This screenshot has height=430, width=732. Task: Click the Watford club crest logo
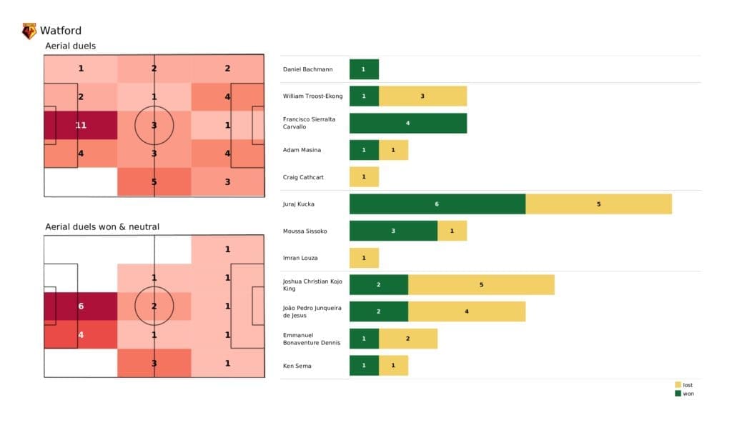29,31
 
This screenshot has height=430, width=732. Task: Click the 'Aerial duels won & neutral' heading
102,226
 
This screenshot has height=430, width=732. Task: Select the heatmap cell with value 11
81,125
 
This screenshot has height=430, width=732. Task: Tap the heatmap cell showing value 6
81,306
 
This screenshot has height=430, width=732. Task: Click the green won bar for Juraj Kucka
437,204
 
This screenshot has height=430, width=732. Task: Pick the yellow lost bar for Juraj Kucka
598,204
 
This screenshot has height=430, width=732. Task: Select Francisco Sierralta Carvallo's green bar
407,123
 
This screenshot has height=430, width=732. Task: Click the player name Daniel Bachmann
308,69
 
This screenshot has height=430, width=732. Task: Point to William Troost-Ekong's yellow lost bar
422,96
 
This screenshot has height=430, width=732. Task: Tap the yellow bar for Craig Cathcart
364,176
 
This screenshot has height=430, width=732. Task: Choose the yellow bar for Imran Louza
364,258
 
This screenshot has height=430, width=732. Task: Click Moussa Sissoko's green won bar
393,231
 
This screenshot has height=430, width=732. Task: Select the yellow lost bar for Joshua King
481,284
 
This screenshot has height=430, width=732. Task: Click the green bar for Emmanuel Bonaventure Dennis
364,339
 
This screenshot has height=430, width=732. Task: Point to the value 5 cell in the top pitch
154,181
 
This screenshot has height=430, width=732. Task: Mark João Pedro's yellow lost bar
467,311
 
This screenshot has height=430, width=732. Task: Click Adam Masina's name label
302,150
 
